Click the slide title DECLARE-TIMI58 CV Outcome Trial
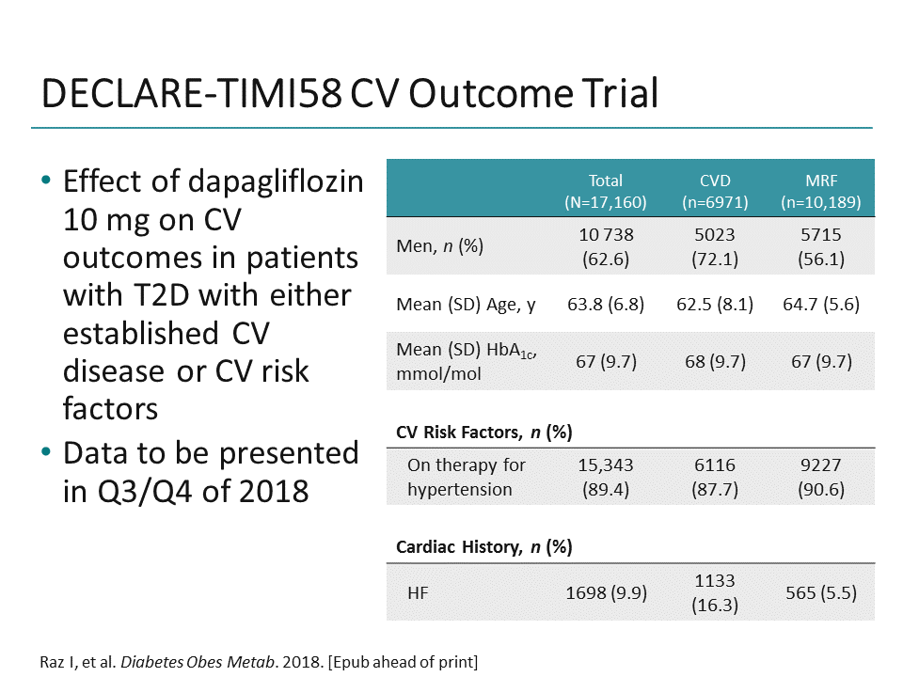(x=350, y=95)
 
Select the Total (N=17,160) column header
(x=606, y=191)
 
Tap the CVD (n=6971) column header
(x=715, y=191)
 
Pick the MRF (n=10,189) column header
(x=820, y=191)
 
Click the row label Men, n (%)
(x=440, y=246)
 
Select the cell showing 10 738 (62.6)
(x=606, y=246)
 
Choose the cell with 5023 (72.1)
(x=715, y=246)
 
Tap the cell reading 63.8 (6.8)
(x=606, y=304)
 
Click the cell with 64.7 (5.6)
(x=820, y=304)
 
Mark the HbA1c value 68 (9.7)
(x=715, y=361)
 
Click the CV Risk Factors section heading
(x=483, y=432)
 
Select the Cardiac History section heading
(x=483, y=546)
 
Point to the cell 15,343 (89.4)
(x=606, y=477)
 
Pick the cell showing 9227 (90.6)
(x=820, y=477)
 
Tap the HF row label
(x=419, y=592)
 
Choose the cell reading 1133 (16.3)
(x=715, y=592)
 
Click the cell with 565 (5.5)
(x=820, y=592)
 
